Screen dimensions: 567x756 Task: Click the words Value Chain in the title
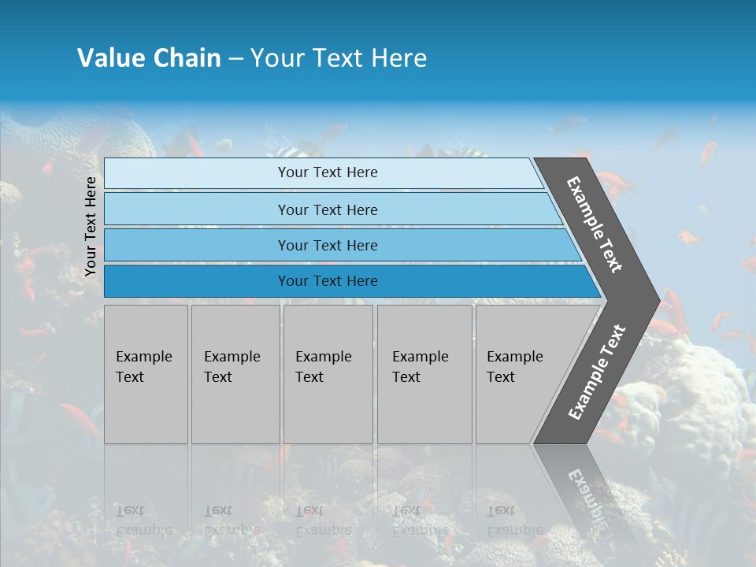[149, 58]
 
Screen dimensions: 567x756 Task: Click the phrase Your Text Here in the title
[339, 58]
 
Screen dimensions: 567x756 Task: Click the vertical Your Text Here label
[91, 226]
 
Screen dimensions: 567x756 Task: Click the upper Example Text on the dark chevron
[595, 224]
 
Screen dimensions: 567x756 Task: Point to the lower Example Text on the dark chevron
[597, 372]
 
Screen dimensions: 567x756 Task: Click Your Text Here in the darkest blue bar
[328, 281]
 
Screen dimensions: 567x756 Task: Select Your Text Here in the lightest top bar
[328, 172]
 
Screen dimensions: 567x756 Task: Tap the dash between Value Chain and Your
[235, 58]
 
